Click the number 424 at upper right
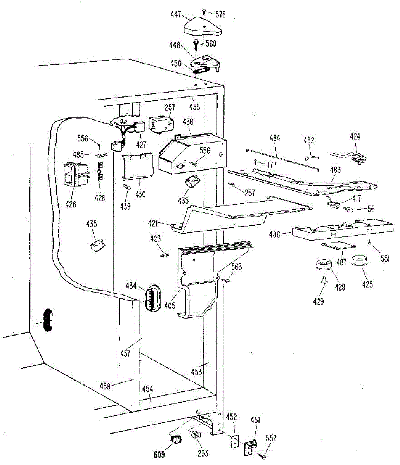click(x=355, y=136)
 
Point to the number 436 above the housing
click(x=188, y=122)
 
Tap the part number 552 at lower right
click(x=271, y=438)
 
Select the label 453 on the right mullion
click(x=196, y=372)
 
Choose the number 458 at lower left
click(x=106, y=386)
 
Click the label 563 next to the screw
click(x=237, y=267)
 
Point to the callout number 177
click(x=272, y=165)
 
